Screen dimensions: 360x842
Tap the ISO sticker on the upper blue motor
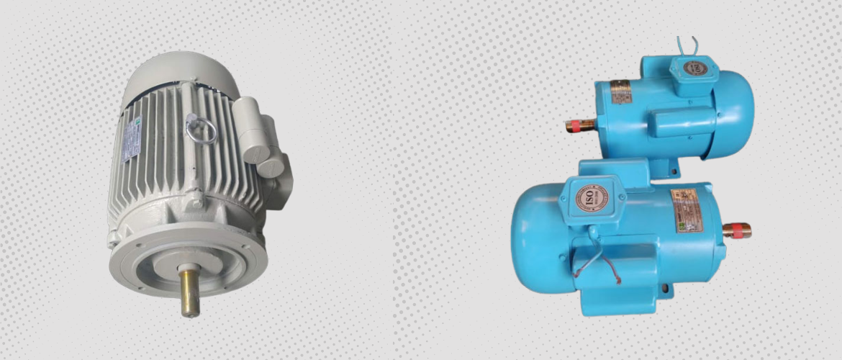point(694,70)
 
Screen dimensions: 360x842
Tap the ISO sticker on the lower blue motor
point(587,197)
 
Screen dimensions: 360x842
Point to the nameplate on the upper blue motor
point(620,93)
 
